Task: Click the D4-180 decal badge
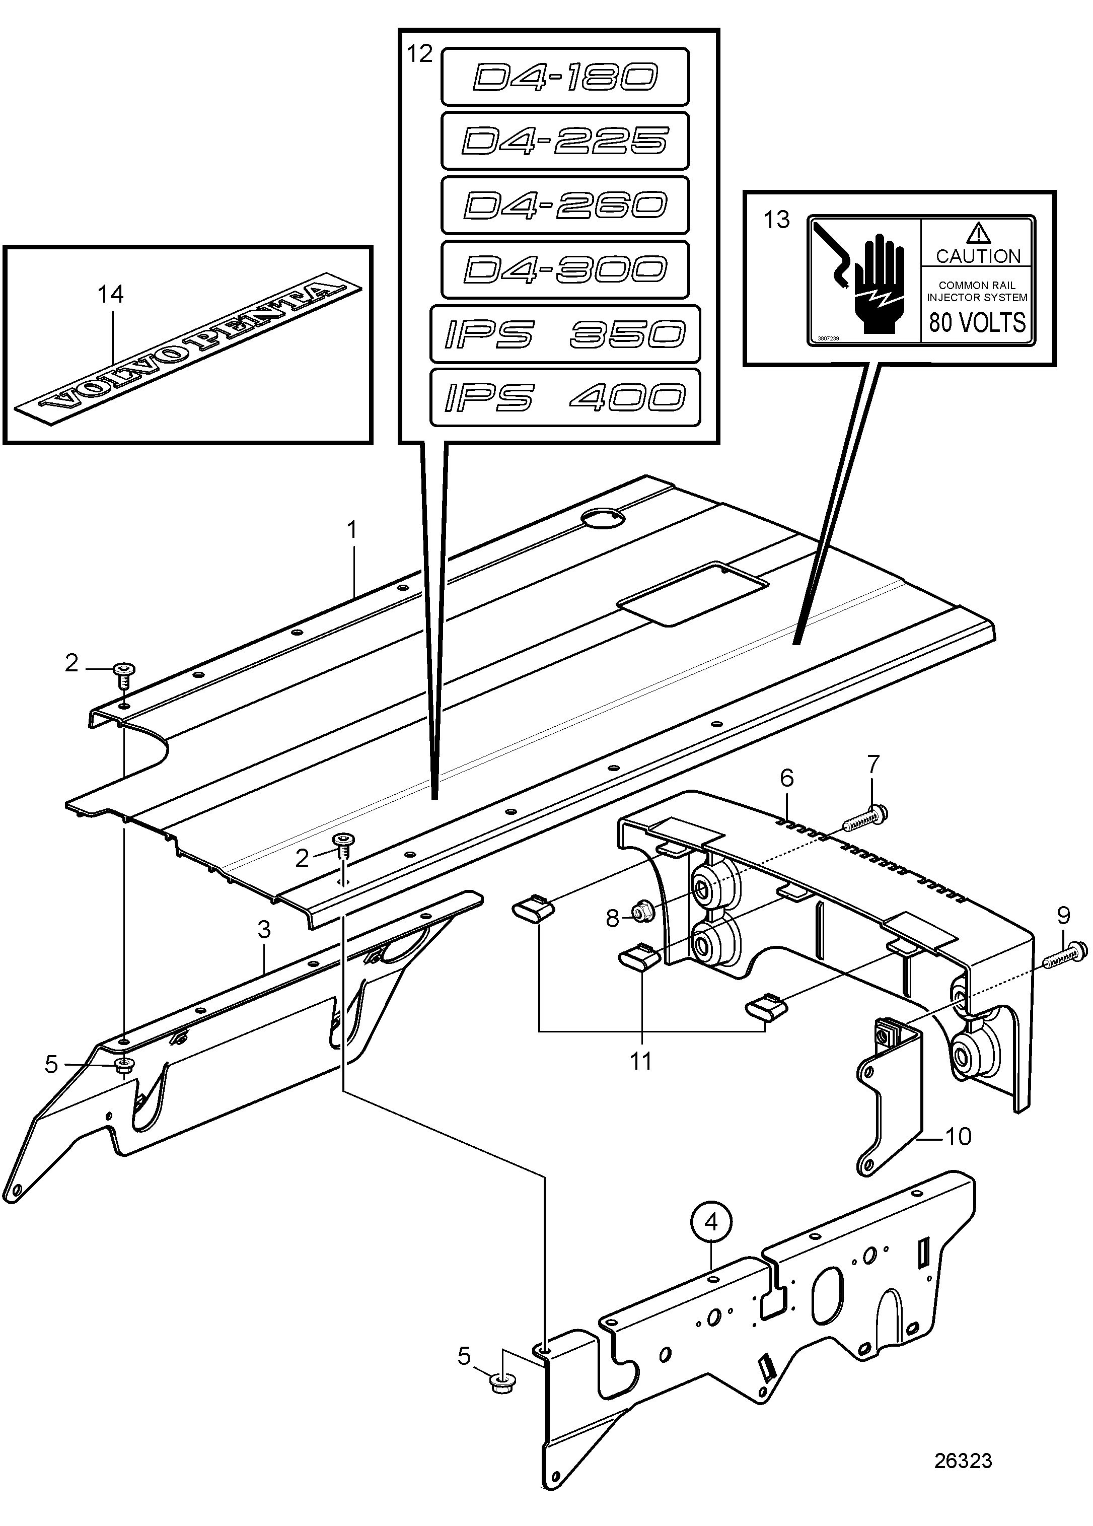(x=565, y=77)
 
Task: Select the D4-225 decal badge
(x=565, y=141)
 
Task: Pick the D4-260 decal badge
(x=565, y=205)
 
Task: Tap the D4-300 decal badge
(x=565, y=269)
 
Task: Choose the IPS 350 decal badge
(x=565, y=334)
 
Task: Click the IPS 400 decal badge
(x=565, y=398)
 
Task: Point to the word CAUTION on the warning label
(x=978, y=256)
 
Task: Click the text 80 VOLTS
(x=977, y=322)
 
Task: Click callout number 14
(x=111, y=294)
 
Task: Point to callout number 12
(x=420, y=53)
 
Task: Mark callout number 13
(x=777, y=220)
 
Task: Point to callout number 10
(x=959, y=1136)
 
